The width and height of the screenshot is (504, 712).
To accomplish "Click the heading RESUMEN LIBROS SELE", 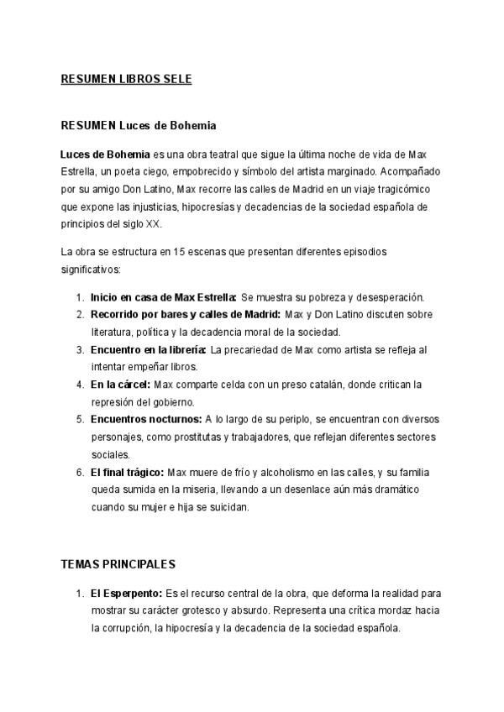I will click(x=127, y=80).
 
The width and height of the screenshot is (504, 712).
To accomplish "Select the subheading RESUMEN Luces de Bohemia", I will click(x=139, y=126).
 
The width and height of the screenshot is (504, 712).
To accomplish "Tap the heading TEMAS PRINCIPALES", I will click(x=118, y=565).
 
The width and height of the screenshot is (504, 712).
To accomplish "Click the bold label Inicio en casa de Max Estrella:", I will click(x=164, y=297).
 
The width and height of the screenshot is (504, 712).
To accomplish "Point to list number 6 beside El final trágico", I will click(x=80, y=472).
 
